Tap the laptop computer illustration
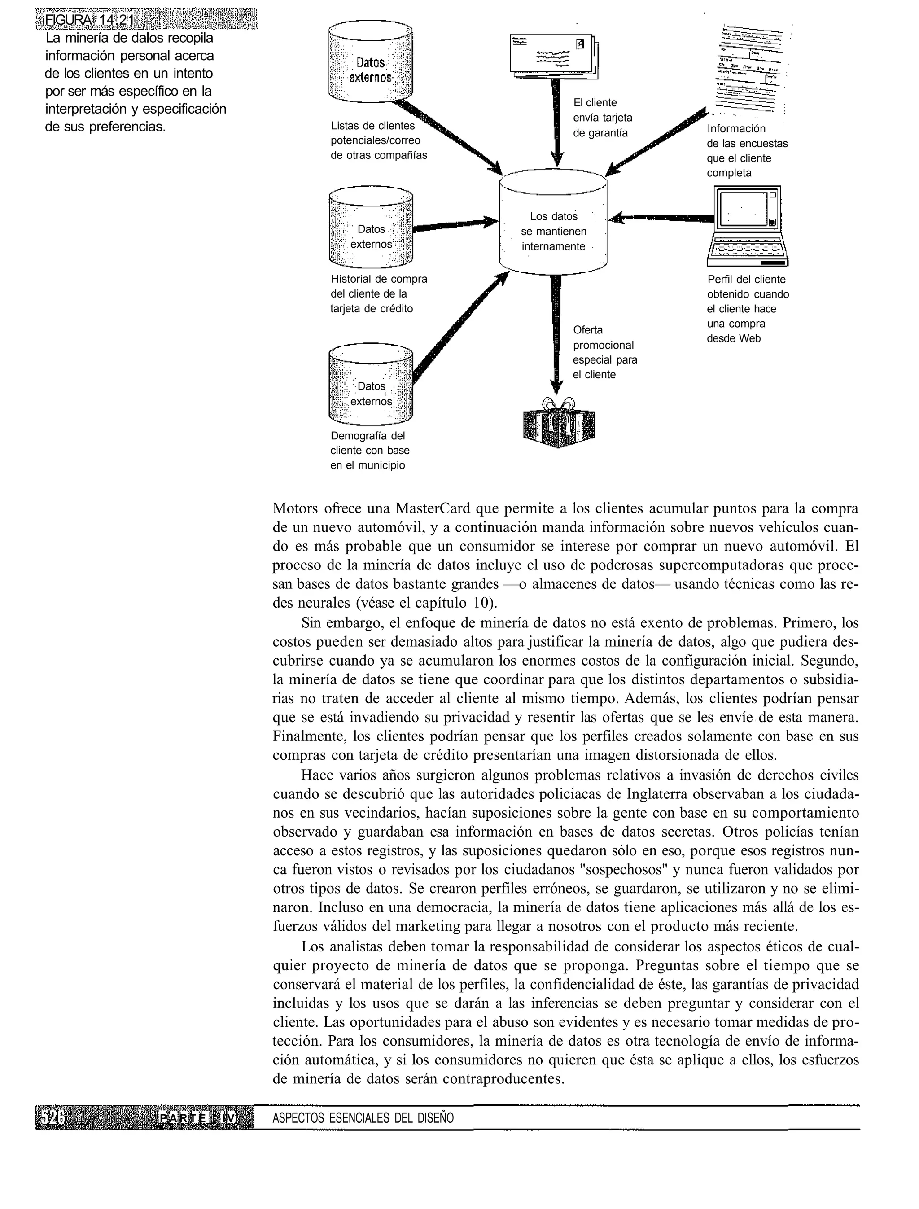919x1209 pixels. point(747,225)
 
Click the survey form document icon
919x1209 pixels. point(751,70)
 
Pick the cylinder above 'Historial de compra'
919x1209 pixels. point(371,229)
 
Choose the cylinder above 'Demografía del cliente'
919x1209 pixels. point(371,385)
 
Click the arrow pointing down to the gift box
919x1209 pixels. point(556,334)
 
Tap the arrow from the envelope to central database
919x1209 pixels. point(556,120)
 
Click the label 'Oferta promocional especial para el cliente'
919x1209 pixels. point(604,352)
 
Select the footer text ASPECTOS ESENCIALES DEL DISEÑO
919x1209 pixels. point(363,1117)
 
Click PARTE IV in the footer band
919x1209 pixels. point(198,1117)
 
